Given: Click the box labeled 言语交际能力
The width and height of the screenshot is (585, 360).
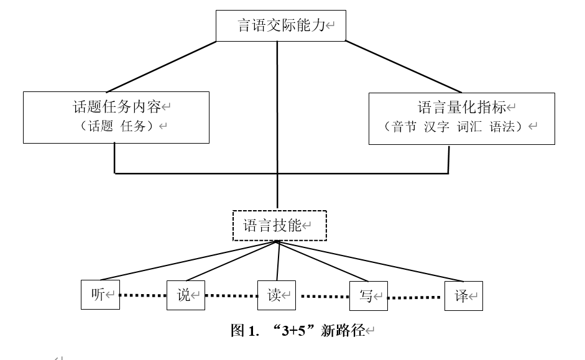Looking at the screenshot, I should click(x=281, y=25).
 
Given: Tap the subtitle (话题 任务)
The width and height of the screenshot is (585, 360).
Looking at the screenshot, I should click(x=116, y=127).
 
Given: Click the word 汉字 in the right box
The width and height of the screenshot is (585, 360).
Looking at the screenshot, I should click(x=436, y=127).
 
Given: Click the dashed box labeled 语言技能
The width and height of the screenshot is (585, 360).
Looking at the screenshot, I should click(x=279, y=226).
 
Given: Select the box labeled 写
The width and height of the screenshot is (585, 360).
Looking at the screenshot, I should click(x=368, y=295).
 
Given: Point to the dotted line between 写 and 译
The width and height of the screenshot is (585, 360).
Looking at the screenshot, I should click(x=416, y=297).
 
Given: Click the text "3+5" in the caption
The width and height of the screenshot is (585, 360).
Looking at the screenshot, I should click(x=295, y=331).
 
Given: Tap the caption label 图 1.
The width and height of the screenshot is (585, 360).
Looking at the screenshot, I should click(x=244, y=331).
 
